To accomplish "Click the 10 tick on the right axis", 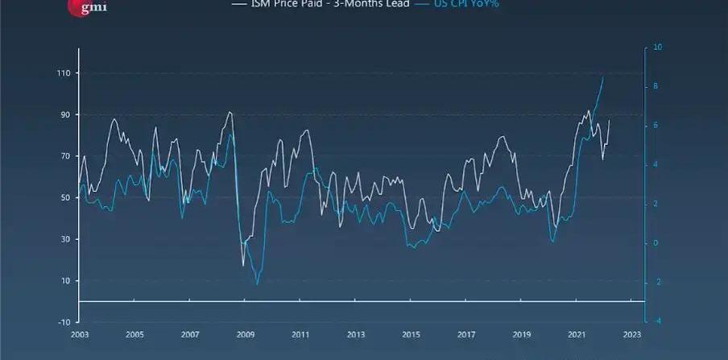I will click(x=658, y=48).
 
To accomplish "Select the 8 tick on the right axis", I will click(x=656, y=86).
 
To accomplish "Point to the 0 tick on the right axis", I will click(x=656, y=243).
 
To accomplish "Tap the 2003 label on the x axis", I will click(x=79, y=333).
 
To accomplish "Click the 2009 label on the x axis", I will click(x=245, y=333).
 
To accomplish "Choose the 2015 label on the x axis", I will click(x=411, y=333).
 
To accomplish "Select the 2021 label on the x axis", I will click(x=577, y=333).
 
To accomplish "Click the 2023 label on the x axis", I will click(x=631, y=333).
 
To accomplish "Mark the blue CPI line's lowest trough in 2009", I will click(x=258, y=284).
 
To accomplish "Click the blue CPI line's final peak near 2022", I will click(x=603, y=77).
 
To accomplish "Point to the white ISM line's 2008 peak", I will click(x=230, y=112).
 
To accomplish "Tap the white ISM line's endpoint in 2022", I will click(x=610, y=120).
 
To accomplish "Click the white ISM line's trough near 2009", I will click(x=243, y=265).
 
